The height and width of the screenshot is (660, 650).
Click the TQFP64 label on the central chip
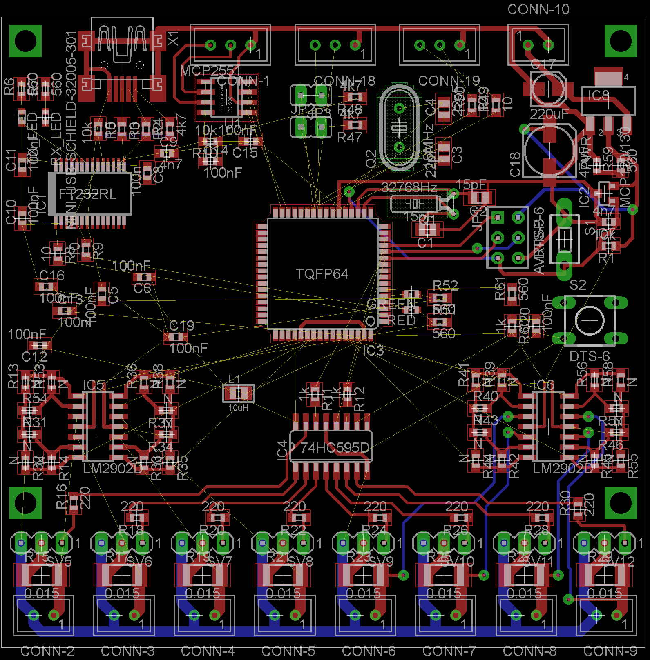click(x=322, y=273)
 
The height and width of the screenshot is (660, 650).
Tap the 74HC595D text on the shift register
click(x=335, y=448)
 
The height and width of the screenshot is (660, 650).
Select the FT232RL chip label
click(x=88, y=193)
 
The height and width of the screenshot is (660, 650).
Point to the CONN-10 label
click(x=538, y=9)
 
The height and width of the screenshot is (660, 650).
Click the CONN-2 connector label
click(x=47, y=651)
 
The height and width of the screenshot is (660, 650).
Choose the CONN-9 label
click(x=610, y=651)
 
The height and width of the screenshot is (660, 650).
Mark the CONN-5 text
click(x=288, y=651)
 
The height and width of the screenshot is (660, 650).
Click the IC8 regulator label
click(x=598, y=96)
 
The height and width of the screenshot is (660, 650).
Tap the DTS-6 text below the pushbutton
click(x=589, y=356)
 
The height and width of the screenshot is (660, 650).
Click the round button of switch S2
click(x=590, y=321)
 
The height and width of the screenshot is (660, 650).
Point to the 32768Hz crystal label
click(x=409, y=187)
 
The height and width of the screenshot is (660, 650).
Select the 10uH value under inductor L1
click(x=238, y=408)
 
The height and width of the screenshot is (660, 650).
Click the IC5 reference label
click(x=93, y=385)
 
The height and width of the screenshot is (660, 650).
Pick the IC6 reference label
click(x=543, y=385)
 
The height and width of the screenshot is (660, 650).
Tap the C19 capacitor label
click(x=182, y=325)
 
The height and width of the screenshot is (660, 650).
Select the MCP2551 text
click(x=210, y=71)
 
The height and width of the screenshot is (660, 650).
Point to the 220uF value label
click(x=549, y=114)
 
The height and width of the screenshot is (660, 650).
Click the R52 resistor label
click(x=445, y=285)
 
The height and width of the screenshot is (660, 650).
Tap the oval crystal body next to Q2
click(x=399, y=127)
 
